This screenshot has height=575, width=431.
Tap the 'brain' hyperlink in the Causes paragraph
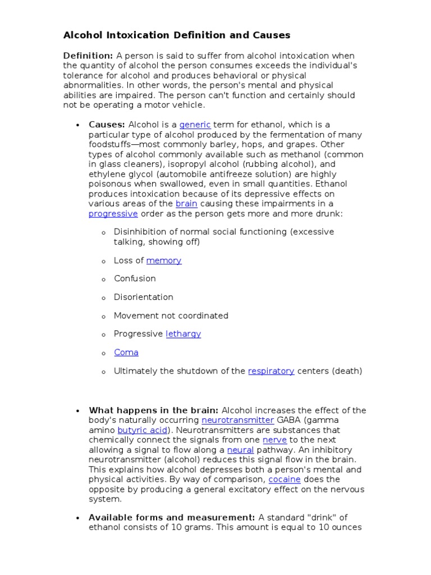coord(186,204)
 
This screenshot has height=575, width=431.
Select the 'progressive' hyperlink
coord(113,214)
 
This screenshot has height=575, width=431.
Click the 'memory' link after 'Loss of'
coord(164,261)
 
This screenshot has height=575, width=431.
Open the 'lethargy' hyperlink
coord(183,334)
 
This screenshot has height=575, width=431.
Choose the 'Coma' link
coord(126,353)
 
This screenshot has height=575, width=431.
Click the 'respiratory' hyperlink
coord(271,371)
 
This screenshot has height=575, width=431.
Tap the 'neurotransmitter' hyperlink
coord(237,420)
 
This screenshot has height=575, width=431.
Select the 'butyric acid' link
coord(143,430)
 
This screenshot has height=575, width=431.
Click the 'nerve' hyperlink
coord(276,440)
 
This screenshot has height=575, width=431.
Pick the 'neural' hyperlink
coord(240,450)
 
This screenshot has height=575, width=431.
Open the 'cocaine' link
coord(285,480)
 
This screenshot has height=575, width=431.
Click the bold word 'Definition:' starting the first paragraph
coord(88,56)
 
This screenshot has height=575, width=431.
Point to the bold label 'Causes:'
coord(107,125)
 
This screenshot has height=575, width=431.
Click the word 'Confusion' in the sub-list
coord(135,279)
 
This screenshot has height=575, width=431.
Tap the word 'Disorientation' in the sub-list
coord(143,297)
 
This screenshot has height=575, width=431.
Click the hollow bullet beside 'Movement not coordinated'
coord(104,317)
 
